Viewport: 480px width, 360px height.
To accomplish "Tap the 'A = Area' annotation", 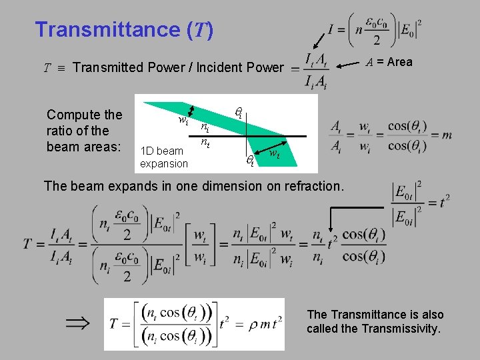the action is point(389,62).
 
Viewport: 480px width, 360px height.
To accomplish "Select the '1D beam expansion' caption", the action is point(163,157).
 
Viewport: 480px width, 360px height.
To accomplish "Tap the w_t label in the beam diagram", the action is point(274,155).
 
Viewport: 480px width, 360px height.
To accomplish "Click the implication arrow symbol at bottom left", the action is point(77,323).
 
